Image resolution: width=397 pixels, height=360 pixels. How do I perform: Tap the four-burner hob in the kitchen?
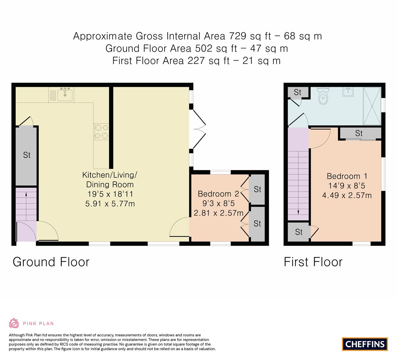click(102, 131)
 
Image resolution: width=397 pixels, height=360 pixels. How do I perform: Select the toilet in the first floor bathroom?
click(323, 97)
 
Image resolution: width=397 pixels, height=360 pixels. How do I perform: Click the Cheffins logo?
click(365, 344)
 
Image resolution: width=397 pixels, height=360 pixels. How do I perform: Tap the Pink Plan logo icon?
click(14, 323)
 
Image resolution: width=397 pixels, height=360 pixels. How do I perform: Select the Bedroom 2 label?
click(218, 194)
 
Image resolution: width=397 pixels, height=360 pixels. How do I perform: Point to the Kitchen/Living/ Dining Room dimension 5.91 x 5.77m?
click(110, 203)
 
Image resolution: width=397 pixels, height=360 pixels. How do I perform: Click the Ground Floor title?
click(51, 262)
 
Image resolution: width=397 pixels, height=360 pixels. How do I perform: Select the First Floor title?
click(313, 262)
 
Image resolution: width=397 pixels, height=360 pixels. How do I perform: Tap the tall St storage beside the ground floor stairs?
click(27, 155)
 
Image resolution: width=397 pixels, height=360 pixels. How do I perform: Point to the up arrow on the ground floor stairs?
click(26, 195)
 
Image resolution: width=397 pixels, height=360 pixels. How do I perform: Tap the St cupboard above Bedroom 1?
click(359, 133)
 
